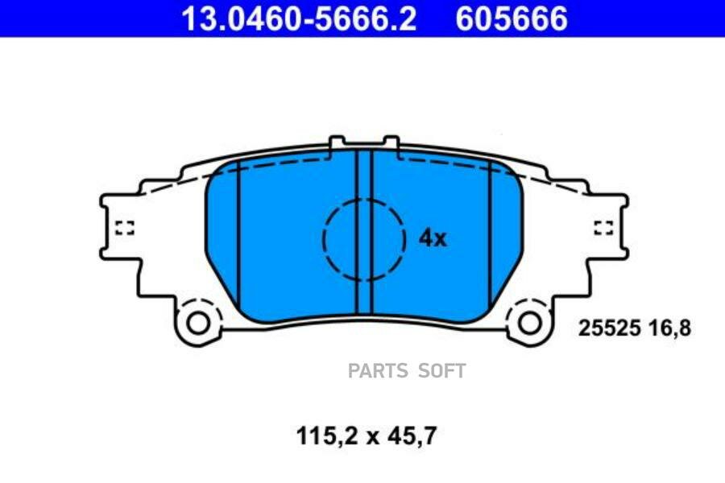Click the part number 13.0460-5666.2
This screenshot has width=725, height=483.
tap(299, 19)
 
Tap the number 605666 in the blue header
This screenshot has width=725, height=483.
tap(512, 19)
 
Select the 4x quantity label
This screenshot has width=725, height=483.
tap(433, 238)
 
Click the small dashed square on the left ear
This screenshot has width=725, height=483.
tap(124, 228)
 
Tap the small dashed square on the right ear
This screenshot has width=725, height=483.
tap(603, 228)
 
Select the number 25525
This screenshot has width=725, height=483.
tap(610, 328)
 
